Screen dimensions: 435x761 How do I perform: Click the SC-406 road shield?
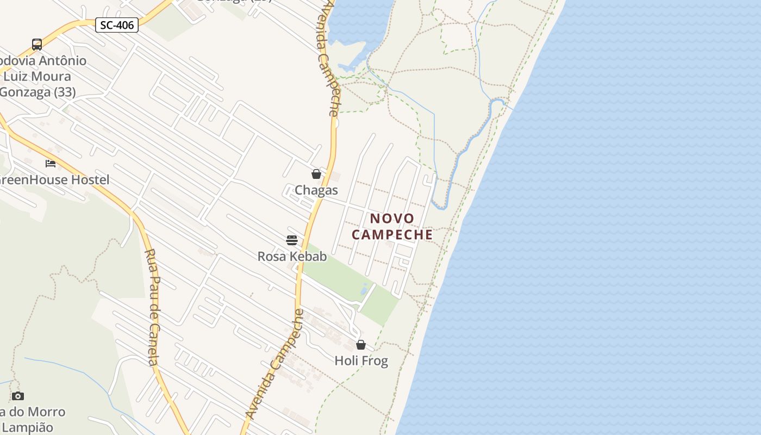117,25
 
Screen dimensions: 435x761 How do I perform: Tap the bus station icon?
37,45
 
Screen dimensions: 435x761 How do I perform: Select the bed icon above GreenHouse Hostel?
51,163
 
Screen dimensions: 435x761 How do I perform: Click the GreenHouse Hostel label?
54,180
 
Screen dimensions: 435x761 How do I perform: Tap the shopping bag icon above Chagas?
316,174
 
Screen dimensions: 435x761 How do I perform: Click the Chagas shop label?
316,190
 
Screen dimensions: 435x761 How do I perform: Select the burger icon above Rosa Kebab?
292,240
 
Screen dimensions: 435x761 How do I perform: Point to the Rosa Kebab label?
292,256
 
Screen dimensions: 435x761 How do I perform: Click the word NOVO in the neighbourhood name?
392,219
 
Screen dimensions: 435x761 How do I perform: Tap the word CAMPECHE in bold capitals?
392,235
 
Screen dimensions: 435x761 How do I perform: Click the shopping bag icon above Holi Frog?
361,345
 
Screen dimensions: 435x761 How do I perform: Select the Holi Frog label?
361,361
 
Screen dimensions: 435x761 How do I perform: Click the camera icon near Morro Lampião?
18,396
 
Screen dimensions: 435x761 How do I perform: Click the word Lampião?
27,427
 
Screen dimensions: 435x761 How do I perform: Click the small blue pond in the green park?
364,289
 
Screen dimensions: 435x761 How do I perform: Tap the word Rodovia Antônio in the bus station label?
43,60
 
